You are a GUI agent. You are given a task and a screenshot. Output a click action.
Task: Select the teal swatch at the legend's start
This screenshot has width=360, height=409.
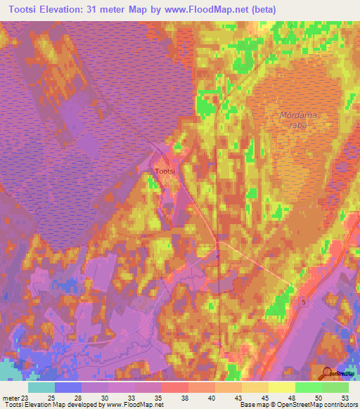[41, 387]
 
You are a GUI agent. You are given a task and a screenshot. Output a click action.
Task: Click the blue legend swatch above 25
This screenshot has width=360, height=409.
[67, 387]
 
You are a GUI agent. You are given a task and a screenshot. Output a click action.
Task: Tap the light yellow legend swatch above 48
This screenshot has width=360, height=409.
[281, 387]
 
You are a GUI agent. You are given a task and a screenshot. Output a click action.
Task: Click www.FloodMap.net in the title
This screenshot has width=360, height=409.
[208, 9]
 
